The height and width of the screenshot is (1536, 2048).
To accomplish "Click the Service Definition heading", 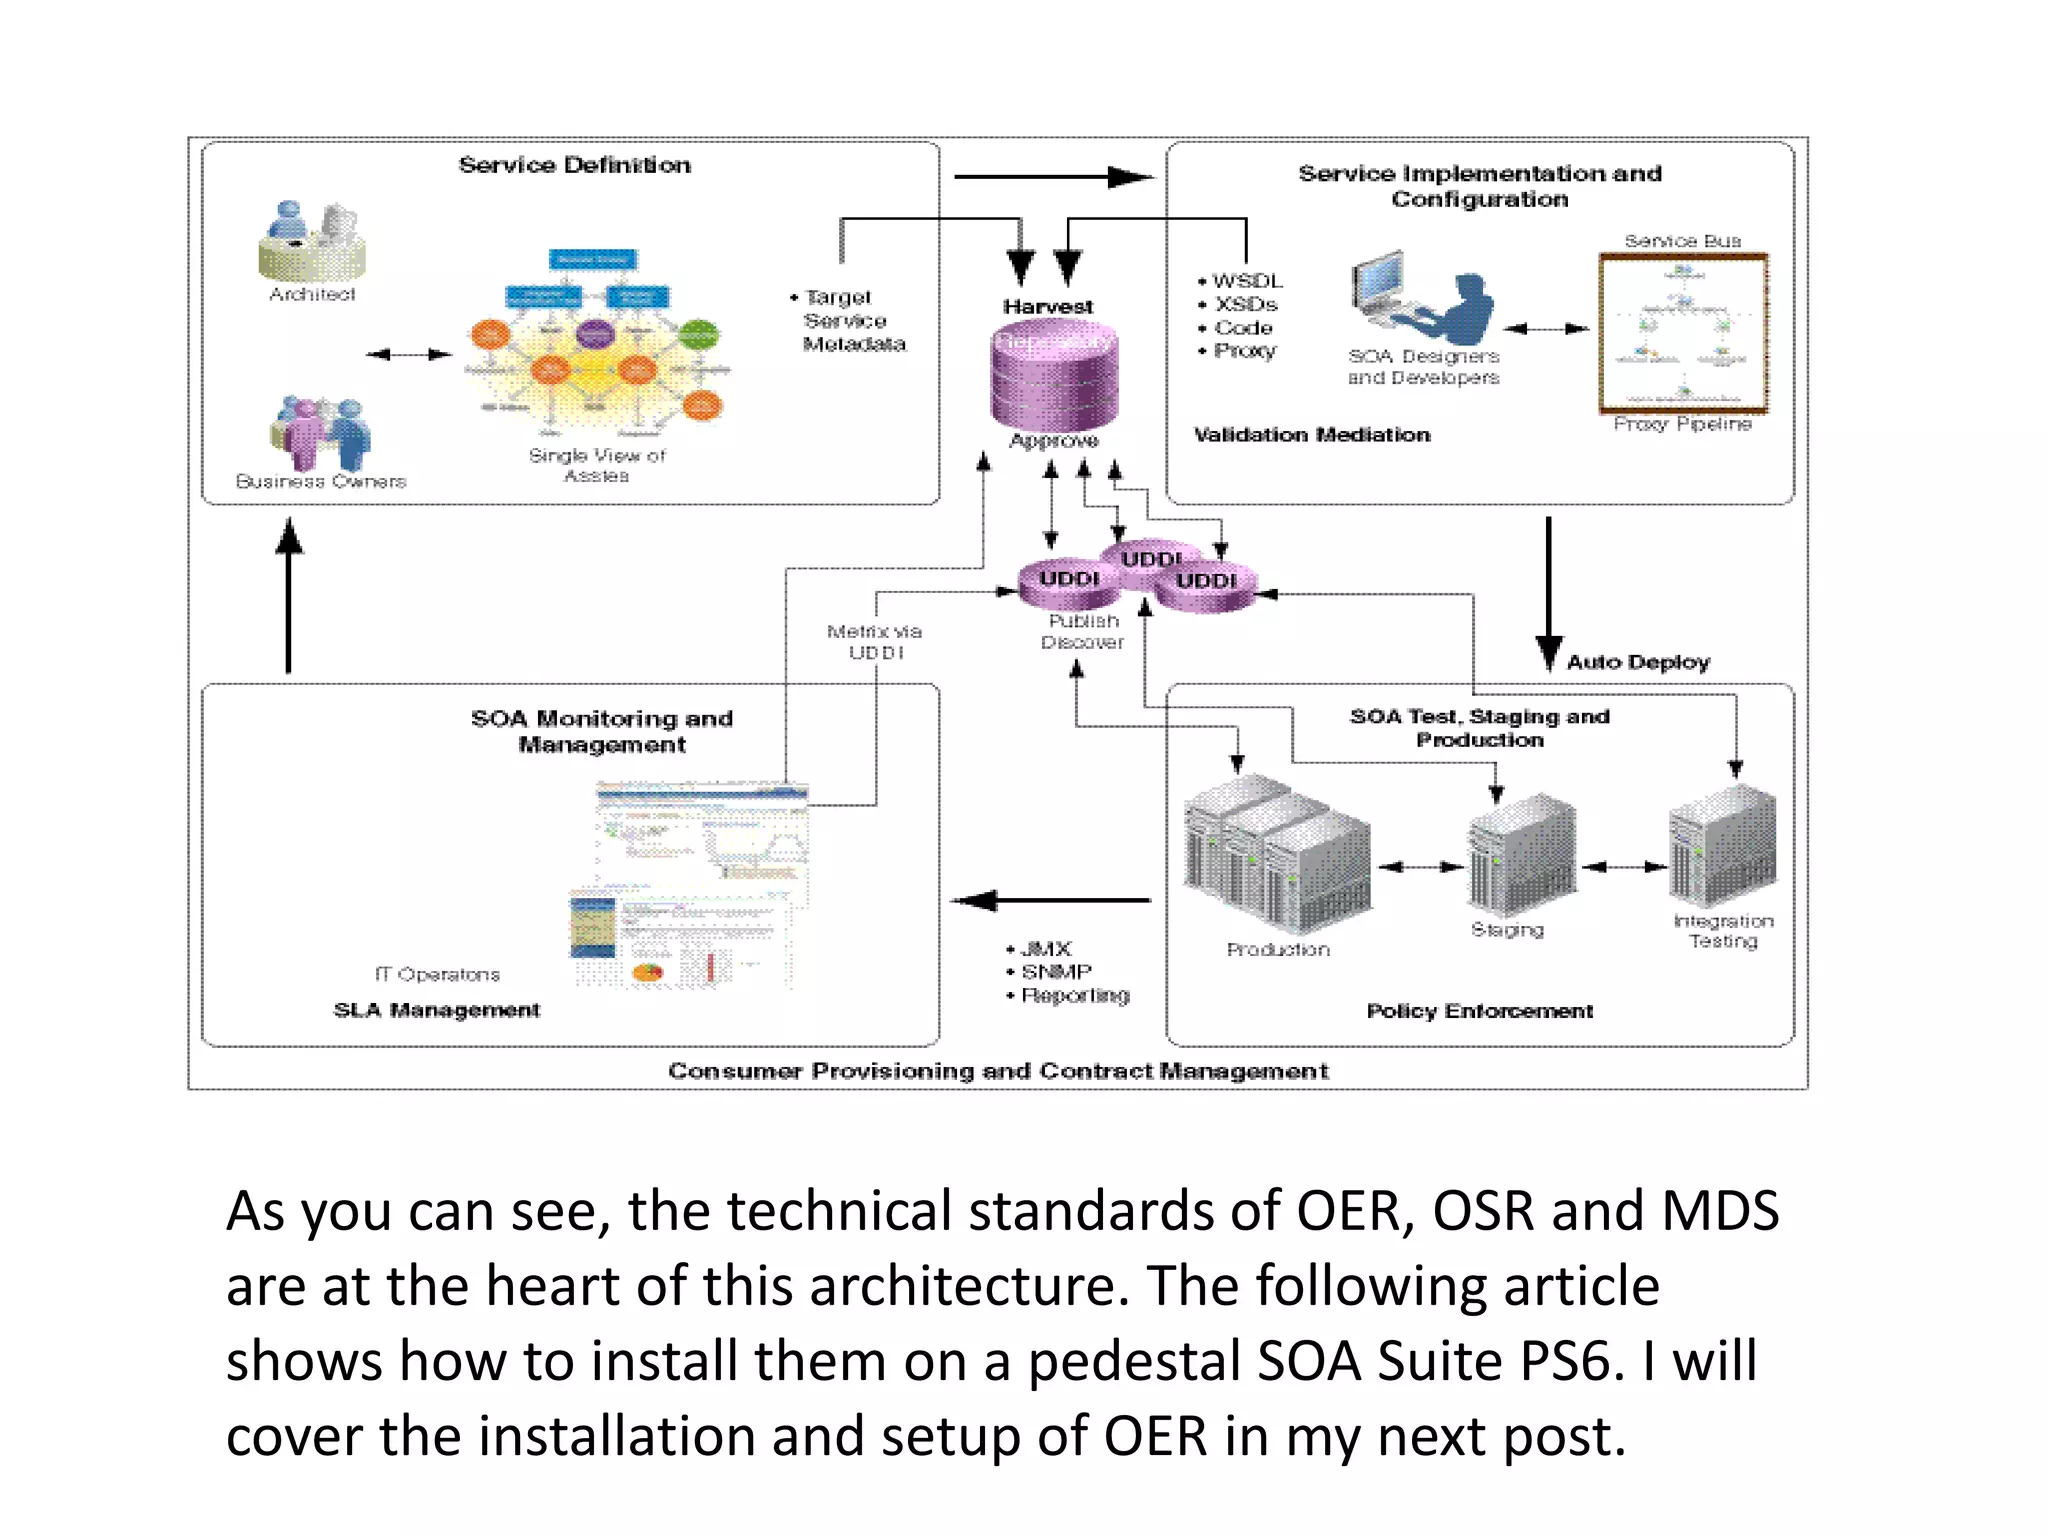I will click(574, 165).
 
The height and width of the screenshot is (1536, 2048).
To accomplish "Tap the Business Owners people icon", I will click(320, 433).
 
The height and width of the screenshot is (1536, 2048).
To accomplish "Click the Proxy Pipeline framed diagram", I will click(1683, 333).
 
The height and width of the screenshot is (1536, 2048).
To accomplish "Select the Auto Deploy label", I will click(1638, 662).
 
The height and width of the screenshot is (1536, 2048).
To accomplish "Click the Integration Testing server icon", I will click(1722, 845).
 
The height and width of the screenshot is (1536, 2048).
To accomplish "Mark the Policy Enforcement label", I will click(1479, 1011).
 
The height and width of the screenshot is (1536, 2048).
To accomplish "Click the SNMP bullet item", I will click(1056, 972).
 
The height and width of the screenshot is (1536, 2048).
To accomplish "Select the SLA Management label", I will click(437, 1010).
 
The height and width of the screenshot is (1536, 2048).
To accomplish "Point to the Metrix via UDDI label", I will click(875, 642).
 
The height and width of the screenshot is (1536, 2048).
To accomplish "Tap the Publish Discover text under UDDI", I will click(1082, 632).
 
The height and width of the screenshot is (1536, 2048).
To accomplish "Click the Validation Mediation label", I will click(1312, 435).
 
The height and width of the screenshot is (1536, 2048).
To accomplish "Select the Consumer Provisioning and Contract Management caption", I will click(998, 1071).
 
